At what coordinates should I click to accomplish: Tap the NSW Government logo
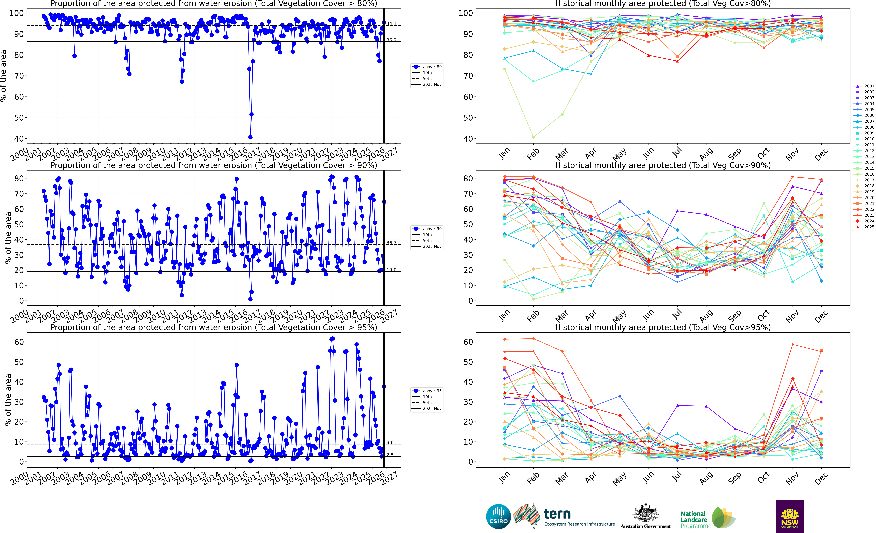coord(790,516)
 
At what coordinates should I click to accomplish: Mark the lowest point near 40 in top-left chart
coord(250,137)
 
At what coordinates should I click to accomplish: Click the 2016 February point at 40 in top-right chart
coord(533,137)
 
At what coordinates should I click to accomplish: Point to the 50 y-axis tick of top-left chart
coord(19,118)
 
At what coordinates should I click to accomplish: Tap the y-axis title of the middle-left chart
coord(8,238)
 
